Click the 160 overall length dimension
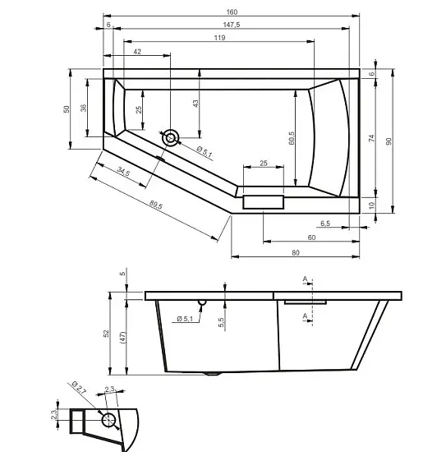(232, 12)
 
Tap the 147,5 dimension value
(232, 25)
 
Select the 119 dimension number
(219, 38)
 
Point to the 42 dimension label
(137, 52)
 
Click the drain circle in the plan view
(171, 138)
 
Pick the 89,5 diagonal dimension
(156, 205)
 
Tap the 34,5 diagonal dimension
(123, 172)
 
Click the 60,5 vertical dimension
(292, 138)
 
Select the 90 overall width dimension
(389, 141)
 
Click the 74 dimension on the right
(371, 138)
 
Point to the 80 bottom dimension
(296, 253)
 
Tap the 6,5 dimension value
(325, 224)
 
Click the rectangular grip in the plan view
(264, 202)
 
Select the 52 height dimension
(106, 334)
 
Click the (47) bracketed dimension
(122, 338)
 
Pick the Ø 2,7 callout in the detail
(78, 387)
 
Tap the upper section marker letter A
(305, 279)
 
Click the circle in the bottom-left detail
(108, 420)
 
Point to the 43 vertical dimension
(195, 104)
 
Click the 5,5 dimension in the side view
(221, 322)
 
